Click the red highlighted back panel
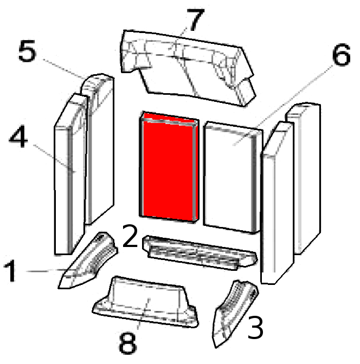point(168,168)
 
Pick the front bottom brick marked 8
point(146,303)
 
